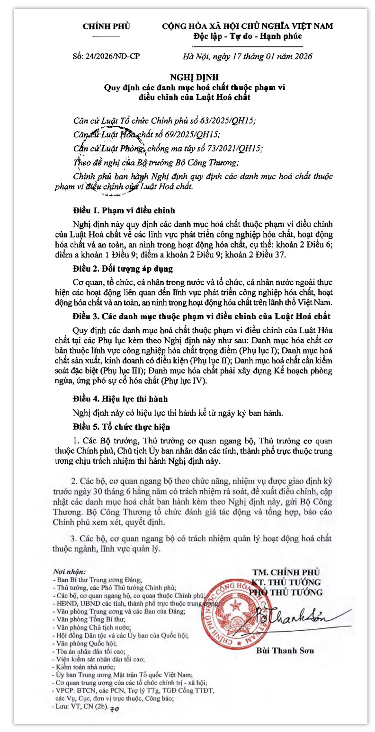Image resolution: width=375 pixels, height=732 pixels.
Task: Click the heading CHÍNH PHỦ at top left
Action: point(107,26)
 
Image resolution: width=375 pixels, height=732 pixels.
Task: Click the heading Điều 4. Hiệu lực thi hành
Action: point(120,399)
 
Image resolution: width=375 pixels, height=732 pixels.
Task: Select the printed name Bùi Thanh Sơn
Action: point(285,651)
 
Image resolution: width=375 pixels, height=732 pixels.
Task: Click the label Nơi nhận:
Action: point(69,572)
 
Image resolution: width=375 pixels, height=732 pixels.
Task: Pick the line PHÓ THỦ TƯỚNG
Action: point(286,592)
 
